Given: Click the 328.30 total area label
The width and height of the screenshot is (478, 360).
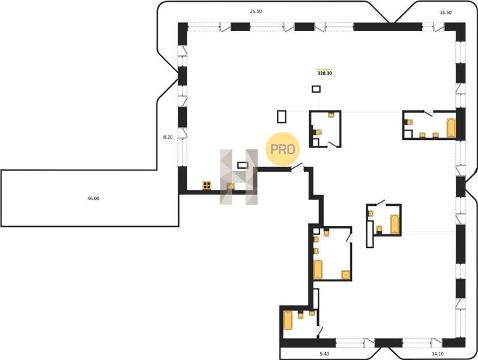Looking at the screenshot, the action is click(325, 73).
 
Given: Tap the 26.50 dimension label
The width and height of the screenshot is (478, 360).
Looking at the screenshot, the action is click(256, 11).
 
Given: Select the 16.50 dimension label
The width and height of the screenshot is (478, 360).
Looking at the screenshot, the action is click(446, 13).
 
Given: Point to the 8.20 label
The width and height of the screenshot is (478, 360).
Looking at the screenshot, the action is click(168, 137).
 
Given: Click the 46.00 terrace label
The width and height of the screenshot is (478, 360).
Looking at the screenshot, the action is click(93, 198).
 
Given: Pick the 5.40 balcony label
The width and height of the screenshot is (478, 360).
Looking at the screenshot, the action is click(324, 354).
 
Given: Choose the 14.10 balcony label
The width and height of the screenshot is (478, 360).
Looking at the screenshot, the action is click(437, 354).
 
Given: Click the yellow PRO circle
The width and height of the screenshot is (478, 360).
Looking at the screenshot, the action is click(283, 149).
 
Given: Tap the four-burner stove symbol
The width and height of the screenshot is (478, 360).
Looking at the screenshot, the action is click(207, 185).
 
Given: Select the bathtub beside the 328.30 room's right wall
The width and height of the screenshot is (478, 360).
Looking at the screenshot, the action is click(451, 128).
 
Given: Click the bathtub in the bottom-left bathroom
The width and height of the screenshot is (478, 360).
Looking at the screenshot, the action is click(288, 320).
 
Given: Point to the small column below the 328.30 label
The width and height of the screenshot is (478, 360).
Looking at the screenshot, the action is click(316, 89).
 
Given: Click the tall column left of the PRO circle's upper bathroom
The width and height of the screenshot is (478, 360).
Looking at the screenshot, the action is click(282, 116).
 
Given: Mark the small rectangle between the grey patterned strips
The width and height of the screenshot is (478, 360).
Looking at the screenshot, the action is click(243, 165).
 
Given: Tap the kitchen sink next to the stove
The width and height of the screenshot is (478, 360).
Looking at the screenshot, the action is click(231, 186).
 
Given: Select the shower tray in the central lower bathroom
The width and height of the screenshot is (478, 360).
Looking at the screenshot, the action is click(346, 274).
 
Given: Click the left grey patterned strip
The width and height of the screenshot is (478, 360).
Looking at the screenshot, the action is click(226, 176).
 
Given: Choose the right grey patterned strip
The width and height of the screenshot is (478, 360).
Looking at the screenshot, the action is click(252, 176).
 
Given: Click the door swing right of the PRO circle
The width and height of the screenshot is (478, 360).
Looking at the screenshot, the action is click(297, 167).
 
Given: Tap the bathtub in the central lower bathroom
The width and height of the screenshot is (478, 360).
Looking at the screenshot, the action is click(318, 269).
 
